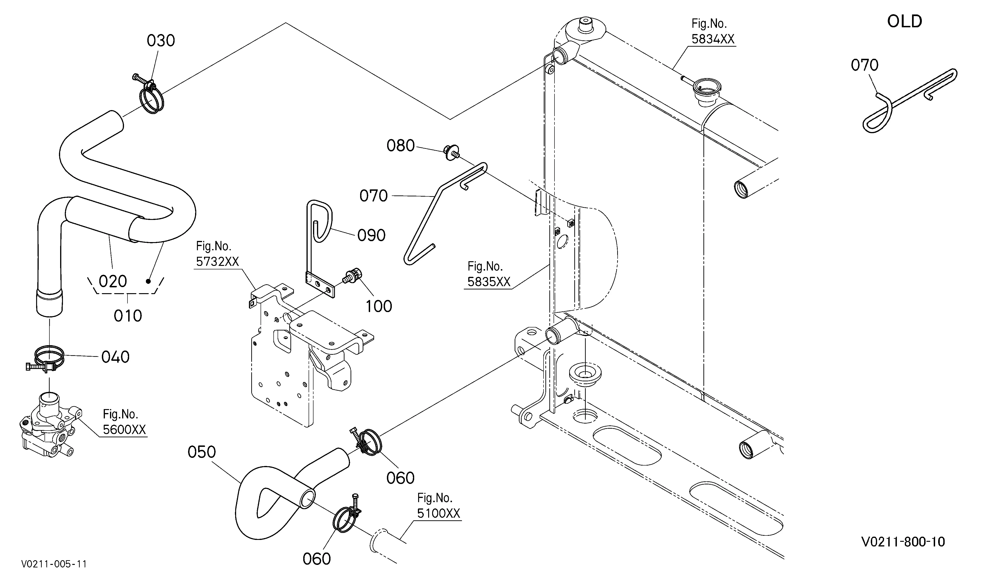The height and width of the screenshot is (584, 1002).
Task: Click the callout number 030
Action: (161, 41)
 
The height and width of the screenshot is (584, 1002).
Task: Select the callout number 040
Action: (115, 357)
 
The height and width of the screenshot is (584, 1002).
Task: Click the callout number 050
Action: (202, 452)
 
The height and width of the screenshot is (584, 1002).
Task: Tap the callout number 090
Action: (371, 235)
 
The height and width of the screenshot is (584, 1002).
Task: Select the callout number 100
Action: (379, 306)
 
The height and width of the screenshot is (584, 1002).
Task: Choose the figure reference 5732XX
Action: (217, 261)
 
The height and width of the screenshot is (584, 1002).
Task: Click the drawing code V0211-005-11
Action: (54, 564)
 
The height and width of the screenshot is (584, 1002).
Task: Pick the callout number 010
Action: (128, 316)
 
